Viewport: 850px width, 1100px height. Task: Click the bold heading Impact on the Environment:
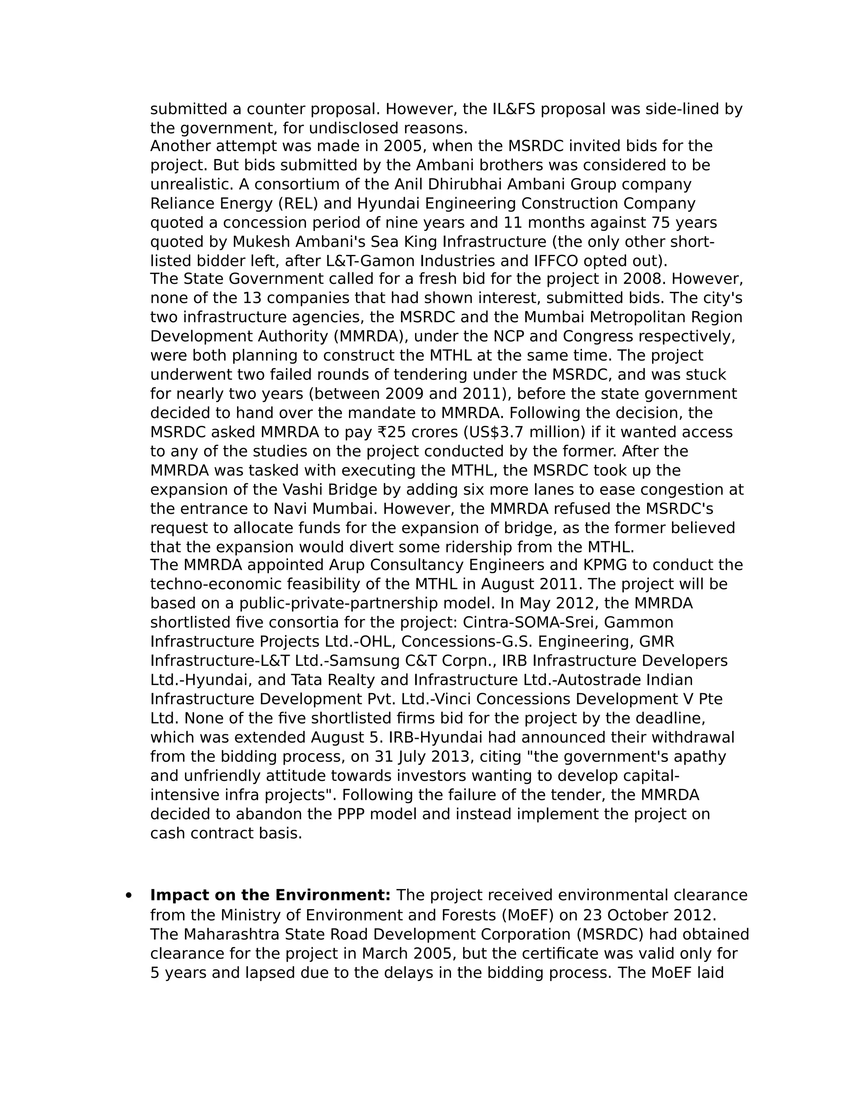tap(271, 895)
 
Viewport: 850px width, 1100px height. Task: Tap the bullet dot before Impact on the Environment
tap(129, 895)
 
